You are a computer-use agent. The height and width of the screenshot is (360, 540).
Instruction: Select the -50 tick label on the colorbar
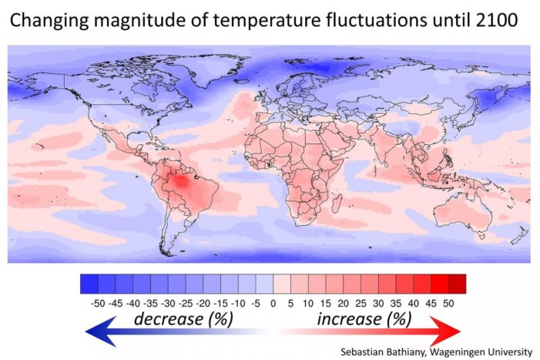pyautogui.click(x=97, y=303)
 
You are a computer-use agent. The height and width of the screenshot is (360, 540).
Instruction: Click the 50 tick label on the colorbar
pyautogui.click(x=448, y=303)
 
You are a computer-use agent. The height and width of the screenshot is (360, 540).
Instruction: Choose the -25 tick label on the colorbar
pyautogui.click(x=185, y=303)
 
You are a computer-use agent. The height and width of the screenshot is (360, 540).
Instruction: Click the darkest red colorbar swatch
pyautogui.click(x=457, y=284)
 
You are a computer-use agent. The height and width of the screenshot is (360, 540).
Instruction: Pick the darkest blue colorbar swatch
pyautogui.click(x=89, y=284)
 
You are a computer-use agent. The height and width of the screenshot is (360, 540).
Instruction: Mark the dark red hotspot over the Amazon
pyautogui.click(x=182, y=182)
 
